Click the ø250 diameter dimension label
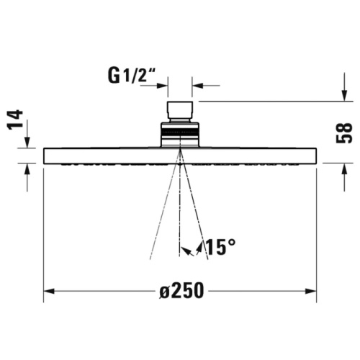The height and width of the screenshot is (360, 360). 181,291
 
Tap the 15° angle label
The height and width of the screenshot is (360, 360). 220,247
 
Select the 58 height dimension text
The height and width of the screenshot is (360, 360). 344,133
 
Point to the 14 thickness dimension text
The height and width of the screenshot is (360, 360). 15,120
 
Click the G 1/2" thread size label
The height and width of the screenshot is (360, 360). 132,75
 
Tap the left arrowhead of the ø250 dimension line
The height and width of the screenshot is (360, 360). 49,292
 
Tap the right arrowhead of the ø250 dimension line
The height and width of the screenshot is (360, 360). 311,292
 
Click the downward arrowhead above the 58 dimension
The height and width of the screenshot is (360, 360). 345,95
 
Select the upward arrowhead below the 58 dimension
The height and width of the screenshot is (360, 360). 345,168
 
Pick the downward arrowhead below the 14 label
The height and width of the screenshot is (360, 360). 27,142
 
